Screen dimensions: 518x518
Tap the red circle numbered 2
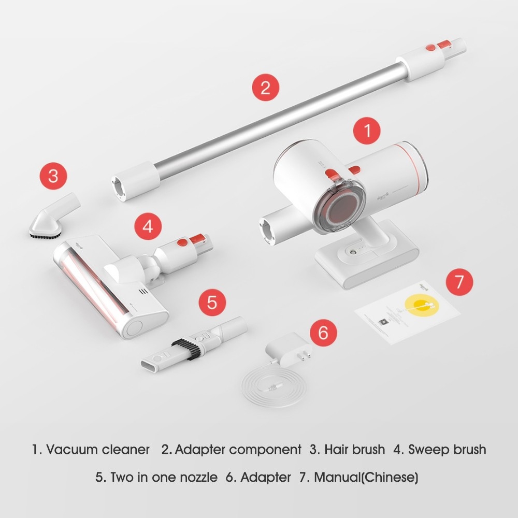click(x=265, y=87)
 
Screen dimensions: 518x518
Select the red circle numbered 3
click(x=53, y=176)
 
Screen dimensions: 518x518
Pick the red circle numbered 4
click(x=148, y=227)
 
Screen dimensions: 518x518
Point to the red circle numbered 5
click(x=212, y=302)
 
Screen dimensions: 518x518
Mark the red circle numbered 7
click(x=459, y=282)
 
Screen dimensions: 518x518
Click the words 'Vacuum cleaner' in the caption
click(x=97, y=449)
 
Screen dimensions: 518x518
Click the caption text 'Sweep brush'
click(x=447, y=449)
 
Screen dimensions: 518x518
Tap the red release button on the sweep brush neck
click(x=182, y=242)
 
